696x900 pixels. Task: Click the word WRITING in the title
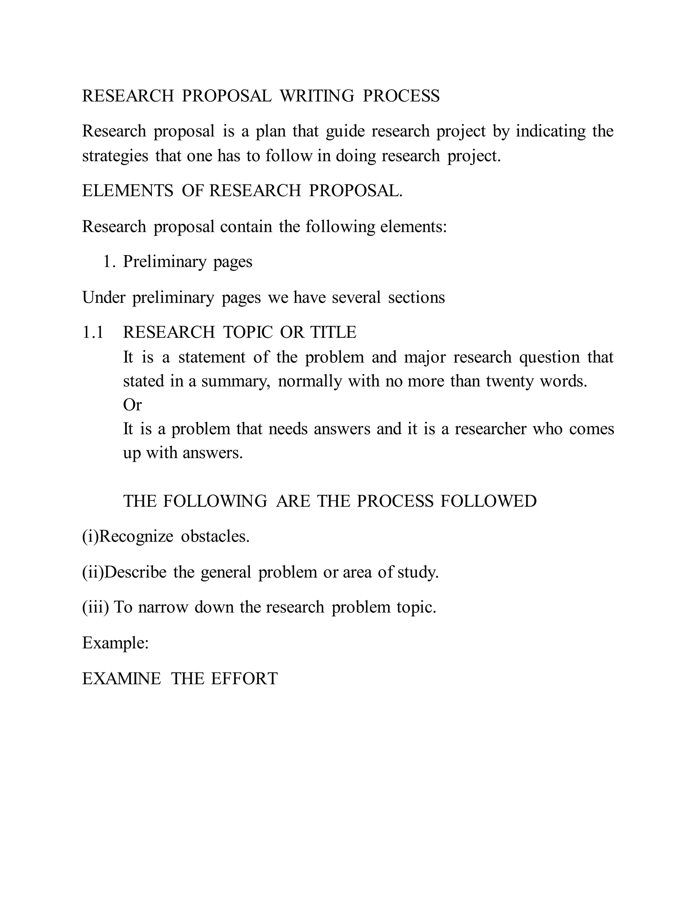[x=317, y=96]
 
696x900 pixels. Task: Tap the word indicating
[x=551, y=131]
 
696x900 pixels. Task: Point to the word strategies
[x=115, y=156]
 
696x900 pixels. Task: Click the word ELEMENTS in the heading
[x=128, y=191]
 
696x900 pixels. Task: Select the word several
[x=356, y=298]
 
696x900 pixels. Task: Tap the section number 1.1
[x=93, y=332]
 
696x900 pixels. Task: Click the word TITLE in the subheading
[x=333, y=332]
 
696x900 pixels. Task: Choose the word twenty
[x=510, y=381]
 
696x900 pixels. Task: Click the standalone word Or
[x=132, y=405]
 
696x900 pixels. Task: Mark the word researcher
[x=491, y=429]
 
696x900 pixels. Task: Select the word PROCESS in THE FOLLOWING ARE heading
[x=395, y=501]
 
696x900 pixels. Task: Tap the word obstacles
[x=215, y=537]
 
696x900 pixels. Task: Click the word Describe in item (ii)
[x=136, y=572]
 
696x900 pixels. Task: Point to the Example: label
[x=116, y=643]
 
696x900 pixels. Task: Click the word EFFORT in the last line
[x=244, y=679]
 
